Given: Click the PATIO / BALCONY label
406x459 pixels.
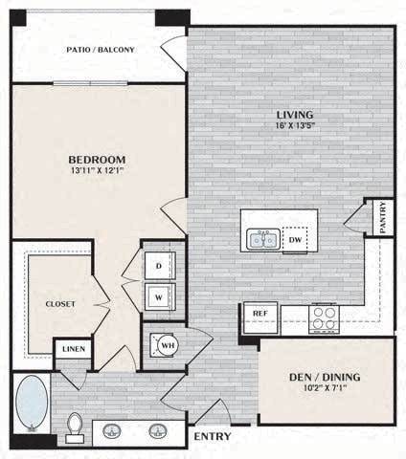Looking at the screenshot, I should coord(100,50).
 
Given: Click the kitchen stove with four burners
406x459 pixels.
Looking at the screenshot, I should coord(323,316).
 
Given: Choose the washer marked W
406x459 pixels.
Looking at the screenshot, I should coord(159,295).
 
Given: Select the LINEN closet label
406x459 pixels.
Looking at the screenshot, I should coord(73,350).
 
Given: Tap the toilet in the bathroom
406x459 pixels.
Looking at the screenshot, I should coord(75,426).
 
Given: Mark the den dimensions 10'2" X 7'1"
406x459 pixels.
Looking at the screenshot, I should coord(327,389).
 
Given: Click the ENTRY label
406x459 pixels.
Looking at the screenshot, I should coord(212,437).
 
